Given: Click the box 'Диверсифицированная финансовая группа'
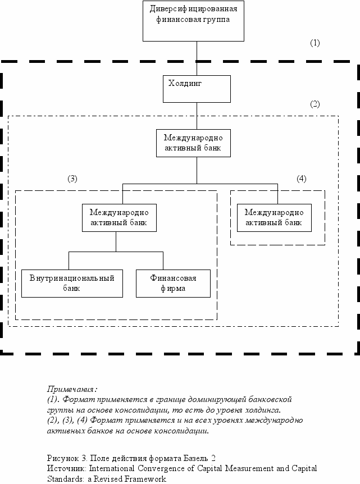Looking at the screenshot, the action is tap(193, 21).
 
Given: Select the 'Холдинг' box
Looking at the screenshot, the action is tap(197, 89).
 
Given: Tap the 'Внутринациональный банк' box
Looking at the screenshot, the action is tap(72, 284).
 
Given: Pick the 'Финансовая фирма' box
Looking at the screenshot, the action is tap(173, 284).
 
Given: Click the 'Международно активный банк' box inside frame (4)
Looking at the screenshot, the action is tap(274, 218).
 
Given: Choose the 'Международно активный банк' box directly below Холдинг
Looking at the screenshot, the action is tap(193, 143).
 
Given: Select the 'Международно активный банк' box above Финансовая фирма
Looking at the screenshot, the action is tap(119, 218).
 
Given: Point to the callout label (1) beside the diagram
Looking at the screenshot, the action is tap(315, 43).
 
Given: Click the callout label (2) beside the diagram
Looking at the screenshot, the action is tap(315, 104).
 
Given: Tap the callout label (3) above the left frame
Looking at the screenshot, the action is tap(72, 179).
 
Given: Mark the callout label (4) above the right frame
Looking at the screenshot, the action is tap(302, 179).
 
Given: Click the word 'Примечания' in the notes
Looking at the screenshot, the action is tap(71, 389).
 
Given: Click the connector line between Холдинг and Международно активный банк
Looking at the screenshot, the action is tap(197, 116).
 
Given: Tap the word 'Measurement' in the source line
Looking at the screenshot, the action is tap(249, 468).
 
